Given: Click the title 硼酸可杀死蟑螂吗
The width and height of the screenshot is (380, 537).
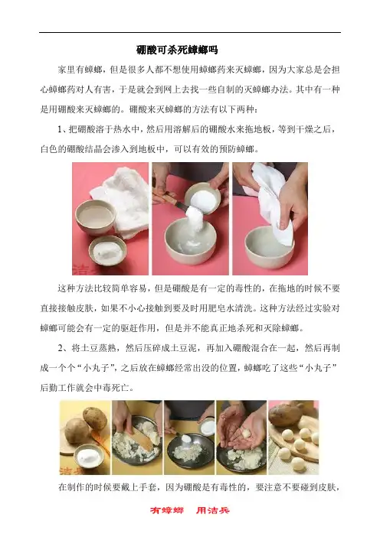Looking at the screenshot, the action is pyautogui.click(x=177, y=50).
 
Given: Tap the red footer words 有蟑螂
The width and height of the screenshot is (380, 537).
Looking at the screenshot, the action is pyautogui.click(x=167, y=510).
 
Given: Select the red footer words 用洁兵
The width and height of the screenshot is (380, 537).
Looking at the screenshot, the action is pyautogui.click(x=213, y=510).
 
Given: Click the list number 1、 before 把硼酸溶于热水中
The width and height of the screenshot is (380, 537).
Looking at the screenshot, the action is pyautogui.click(x=63, y=129).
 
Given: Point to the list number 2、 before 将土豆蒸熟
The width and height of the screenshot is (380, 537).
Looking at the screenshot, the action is pyautogui.click(x=64, y=348).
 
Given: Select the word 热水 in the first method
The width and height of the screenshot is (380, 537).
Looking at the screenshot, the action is pyautogui.click(x=122, y=129).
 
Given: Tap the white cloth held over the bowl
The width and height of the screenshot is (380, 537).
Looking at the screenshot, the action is pyautogui.click(x=273, y=202).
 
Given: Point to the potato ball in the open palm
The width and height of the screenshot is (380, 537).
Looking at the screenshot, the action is pyautogui.click(x=246, y=434).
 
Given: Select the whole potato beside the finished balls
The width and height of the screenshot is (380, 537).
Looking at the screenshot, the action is pyautogui.click(x=286, y=415).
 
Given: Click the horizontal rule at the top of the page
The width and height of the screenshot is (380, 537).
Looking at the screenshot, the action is pyautogui.click(x=190, y=33).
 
